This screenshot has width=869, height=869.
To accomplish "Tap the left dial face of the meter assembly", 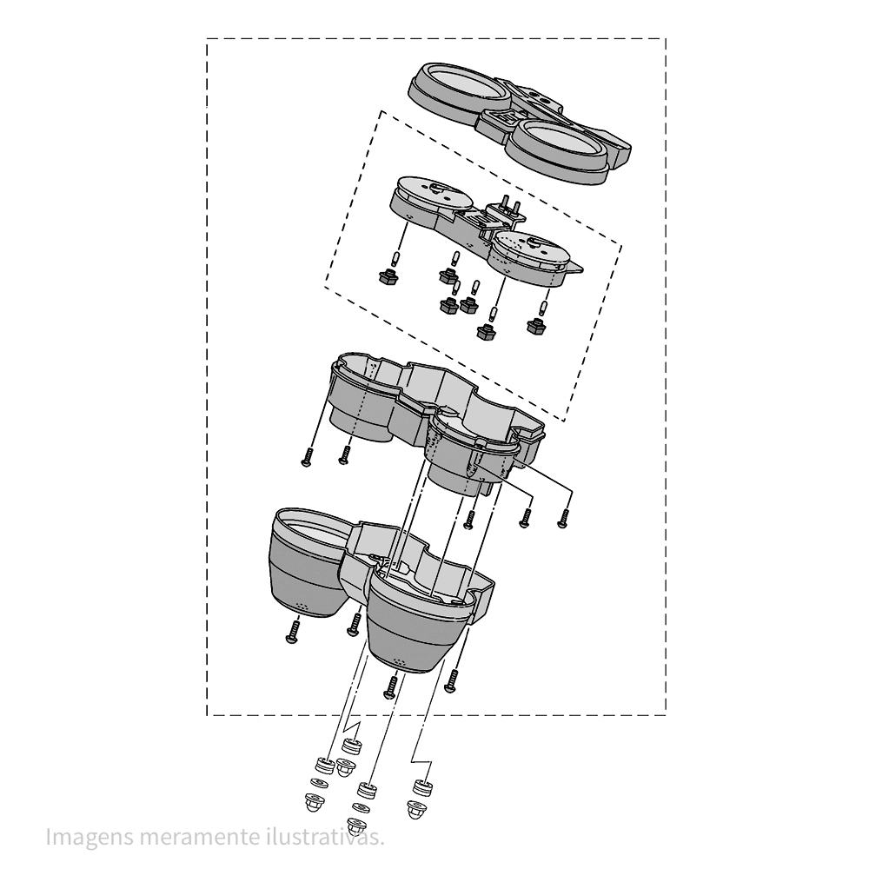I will pos(432,192).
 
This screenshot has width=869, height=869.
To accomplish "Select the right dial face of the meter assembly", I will pos(529,251).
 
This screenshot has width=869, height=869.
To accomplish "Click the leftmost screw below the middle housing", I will pos(306,457).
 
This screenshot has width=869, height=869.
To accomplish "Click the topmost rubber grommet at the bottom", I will pos(352,746).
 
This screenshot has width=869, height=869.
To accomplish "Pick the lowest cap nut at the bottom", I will pos(355,826).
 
